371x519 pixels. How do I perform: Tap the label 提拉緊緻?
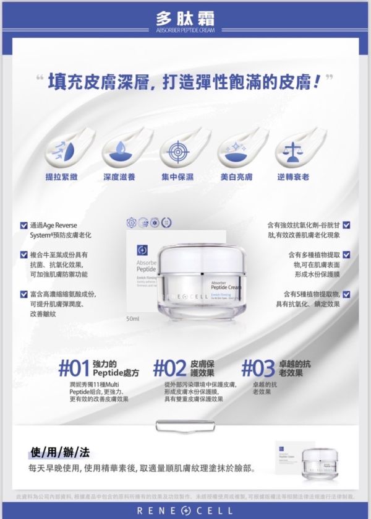click(61, 177)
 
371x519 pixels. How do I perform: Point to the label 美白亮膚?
click(236, 177)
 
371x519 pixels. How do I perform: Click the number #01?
click(74, 370)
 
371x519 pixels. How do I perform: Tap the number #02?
click(169, 370)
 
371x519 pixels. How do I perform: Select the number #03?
click(257, 370)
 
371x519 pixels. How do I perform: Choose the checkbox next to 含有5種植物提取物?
click(346, 294)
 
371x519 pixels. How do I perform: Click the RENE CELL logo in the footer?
click(185, 510)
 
